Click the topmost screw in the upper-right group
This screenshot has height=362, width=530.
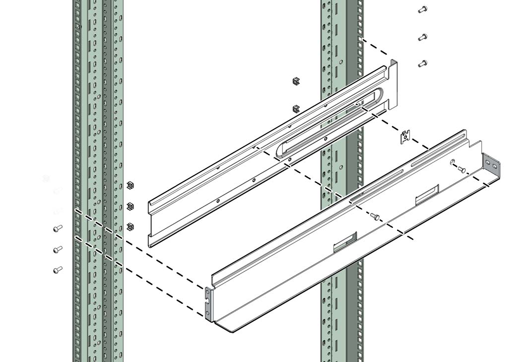point(422,9)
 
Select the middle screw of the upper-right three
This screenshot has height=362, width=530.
point(422,37)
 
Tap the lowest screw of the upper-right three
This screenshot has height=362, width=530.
point(422,64)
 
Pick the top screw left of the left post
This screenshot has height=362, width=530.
point(58,228)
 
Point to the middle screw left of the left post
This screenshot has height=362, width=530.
point(58,249)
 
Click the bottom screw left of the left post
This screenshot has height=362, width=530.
point(58,270)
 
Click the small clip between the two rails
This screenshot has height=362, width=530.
point(406,137)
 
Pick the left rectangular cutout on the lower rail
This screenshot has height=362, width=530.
point(344,241)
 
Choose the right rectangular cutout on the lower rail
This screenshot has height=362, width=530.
point(427,194)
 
